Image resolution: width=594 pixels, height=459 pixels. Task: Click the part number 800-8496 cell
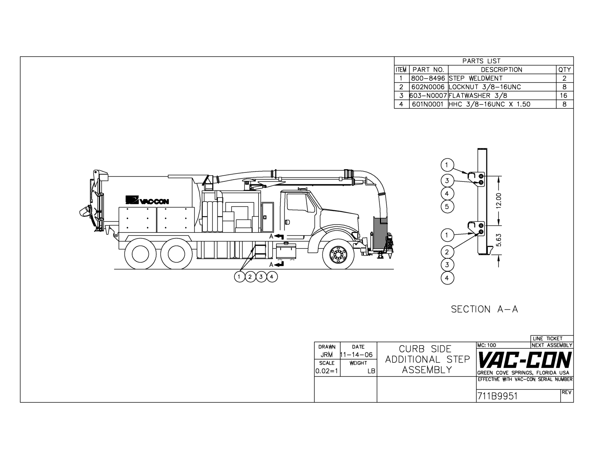tap(428, 78)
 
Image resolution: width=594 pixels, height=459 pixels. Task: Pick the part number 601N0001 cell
tap(428, 104)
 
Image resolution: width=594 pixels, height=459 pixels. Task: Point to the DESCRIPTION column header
tap(501, 70)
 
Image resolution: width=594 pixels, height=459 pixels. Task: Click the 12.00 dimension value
tap(499, 201)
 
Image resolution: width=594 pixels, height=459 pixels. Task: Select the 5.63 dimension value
tap(499, 240)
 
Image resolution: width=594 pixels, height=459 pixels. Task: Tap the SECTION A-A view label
tap(485, 309)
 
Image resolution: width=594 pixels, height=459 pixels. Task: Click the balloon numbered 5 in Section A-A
tap(447, 206)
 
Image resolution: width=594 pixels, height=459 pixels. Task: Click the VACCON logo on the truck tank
tap(147, 200)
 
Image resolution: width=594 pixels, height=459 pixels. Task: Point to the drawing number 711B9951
tap(498, 396)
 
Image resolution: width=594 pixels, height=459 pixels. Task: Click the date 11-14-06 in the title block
tap(356, 355)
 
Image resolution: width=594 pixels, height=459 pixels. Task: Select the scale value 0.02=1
tap(327, 371)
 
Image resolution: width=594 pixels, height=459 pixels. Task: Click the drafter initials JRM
tap(327, 355)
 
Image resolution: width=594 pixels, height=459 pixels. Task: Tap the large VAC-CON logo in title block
tap(525, 360)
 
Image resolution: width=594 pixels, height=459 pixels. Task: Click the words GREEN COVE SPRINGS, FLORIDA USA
tap(523, 373)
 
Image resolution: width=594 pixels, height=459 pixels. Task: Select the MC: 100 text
tap(487, 345)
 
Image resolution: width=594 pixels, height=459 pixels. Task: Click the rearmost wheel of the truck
tap(140, 254)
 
